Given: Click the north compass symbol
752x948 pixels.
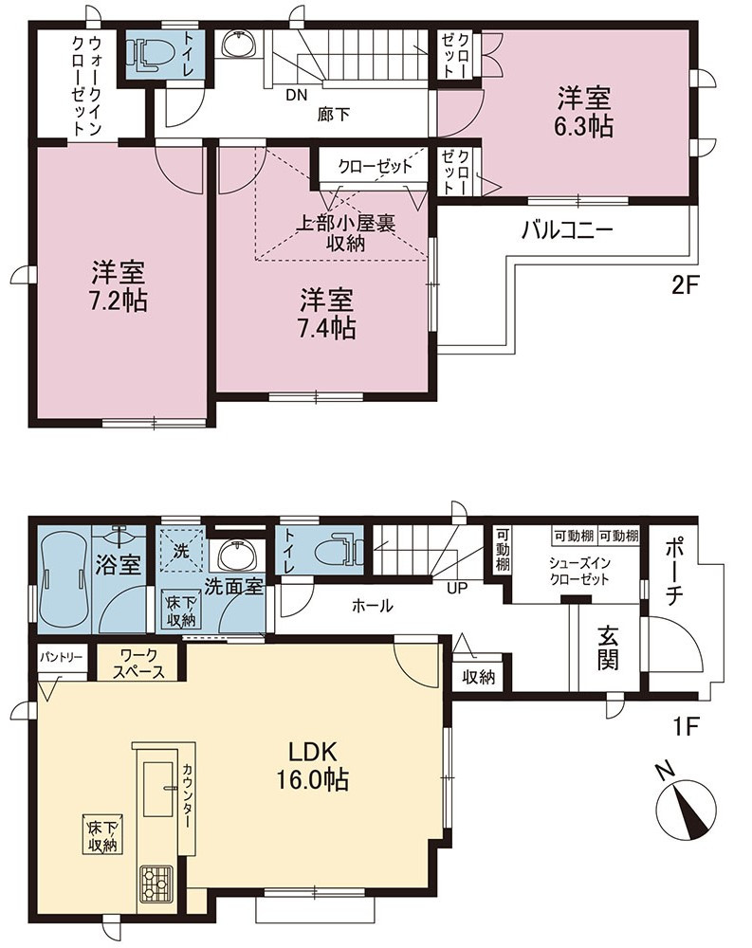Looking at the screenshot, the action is [x=686, y=808].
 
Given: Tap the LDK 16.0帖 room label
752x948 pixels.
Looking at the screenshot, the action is [x=312, y=766].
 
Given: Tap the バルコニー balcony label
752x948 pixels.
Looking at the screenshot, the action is [x=568, y=229].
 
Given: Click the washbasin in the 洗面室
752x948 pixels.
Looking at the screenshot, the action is [x=237, y=555].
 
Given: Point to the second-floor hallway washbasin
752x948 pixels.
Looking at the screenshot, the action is [x=240, y=43].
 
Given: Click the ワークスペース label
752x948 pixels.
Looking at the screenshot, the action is [x=138, y=664].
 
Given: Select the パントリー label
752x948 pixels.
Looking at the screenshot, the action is [x=62, y=657].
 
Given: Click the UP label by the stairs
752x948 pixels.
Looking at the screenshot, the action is [x=457, y=587].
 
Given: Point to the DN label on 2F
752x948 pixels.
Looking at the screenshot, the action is [x=297, y=95].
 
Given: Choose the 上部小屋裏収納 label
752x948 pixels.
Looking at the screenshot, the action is [x=345, y=233].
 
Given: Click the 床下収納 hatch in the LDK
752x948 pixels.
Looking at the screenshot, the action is [x=102, y=836].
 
